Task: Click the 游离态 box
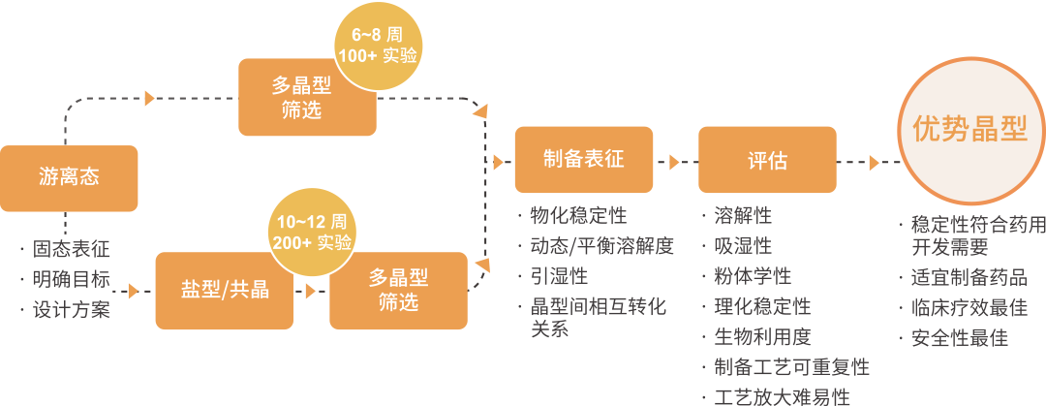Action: click(69, 178)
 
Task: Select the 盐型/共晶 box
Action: click(225, 290)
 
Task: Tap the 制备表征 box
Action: click(583, 160)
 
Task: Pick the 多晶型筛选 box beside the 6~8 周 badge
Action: click(307, 98)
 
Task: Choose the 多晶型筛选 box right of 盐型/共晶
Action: click(398, 290)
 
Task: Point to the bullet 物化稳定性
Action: click(578, 215)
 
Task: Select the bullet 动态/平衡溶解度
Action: click(601, 246)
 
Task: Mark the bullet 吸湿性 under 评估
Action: click(743, 246)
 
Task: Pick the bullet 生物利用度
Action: click(762, 337)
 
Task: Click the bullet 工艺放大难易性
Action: click(782, 397)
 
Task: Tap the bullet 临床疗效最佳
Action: click(969, 308)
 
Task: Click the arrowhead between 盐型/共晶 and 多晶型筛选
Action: click(311, 290)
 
